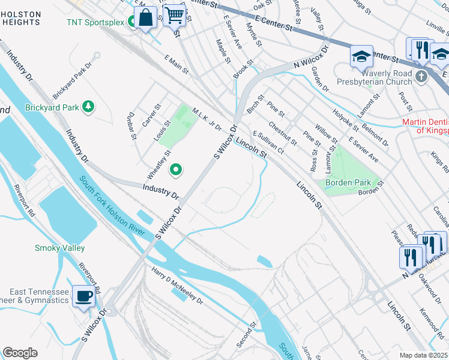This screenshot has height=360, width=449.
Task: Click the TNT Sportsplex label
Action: [x=95, y=23]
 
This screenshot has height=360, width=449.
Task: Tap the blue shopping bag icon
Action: [x=145, y=18]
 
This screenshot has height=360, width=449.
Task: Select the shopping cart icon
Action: [x=174, y=15]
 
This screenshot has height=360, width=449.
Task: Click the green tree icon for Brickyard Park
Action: [x=89, y=107]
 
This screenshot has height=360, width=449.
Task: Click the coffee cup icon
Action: [x=83, y=295]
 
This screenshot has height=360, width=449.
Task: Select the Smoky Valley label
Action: [x=59, y=248]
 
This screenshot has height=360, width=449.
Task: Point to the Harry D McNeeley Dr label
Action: [x=177, y=286]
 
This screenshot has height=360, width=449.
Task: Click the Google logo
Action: [x=20, y=353]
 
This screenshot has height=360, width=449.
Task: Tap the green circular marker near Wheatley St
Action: [x=176, y=170]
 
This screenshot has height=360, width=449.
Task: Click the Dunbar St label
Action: [x=131, y=127]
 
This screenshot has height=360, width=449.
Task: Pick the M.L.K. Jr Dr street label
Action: [x=207, y=120]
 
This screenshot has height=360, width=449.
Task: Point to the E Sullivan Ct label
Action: [x=268, y=142]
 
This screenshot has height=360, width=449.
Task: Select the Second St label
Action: [x=247, y=334]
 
